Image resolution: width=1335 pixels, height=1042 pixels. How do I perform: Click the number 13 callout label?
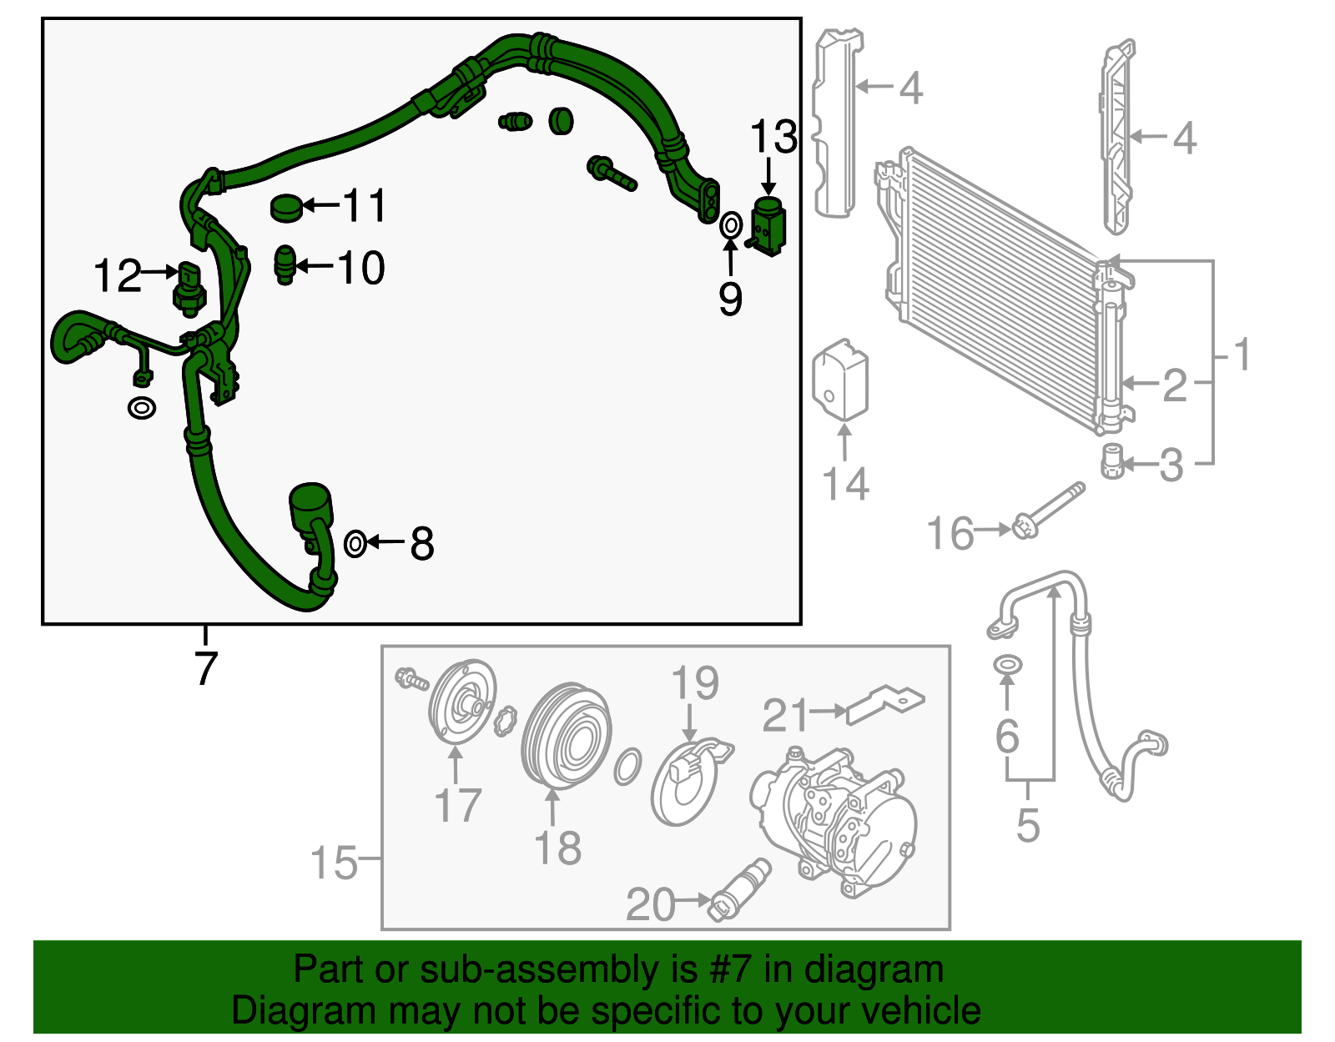(773, 137)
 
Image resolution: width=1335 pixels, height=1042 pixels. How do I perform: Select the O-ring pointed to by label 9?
(730, 225)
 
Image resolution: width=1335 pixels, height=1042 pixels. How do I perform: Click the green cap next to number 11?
(286, 207)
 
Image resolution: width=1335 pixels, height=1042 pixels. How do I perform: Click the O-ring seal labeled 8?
(355, 544)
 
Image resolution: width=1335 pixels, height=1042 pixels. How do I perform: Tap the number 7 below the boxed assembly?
(205, 667)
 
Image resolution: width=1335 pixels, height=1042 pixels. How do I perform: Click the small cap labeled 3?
(1111, 462)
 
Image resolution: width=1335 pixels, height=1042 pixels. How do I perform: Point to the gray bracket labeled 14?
(841, 380)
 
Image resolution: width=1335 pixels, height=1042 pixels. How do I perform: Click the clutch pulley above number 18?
(566, 735)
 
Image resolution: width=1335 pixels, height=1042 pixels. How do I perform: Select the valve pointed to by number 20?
(738, 889)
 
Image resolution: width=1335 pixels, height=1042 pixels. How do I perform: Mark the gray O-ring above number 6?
(1008, 665)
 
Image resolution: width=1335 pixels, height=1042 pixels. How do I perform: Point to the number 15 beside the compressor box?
(334, 863)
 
